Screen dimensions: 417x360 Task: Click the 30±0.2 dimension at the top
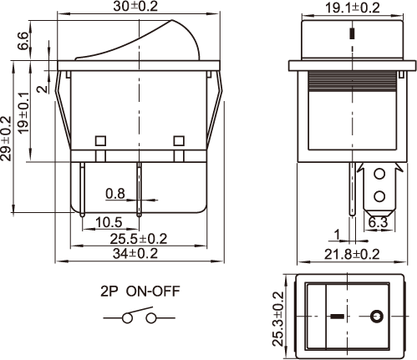pyautogui.click(x=135, y=6)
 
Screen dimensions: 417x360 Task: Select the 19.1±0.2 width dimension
pyautogui.click(x=353, y=8)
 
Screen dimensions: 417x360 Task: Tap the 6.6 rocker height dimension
pyautogui.click(x=23, y=41)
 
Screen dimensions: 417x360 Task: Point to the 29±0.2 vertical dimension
pyautogui.click(x=6, y=139)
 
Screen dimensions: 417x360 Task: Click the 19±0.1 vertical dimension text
pyautogui.click(x=23, y=113)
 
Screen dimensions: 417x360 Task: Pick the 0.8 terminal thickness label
pyautogui.click(x=115, y=194)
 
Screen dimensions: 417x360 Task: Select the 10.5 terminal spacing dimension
pyautogui.click(x=109, y=222)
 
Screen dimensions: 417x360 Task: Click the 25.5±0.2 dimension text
pyautogui.click(x=139, y=239)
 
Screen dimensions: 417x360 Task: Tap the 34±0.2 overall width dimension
pyautogui.click(x=135, y=253)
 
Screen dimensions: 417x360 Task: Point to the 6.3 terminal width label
pyautogui.click(x=378, y=222)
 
